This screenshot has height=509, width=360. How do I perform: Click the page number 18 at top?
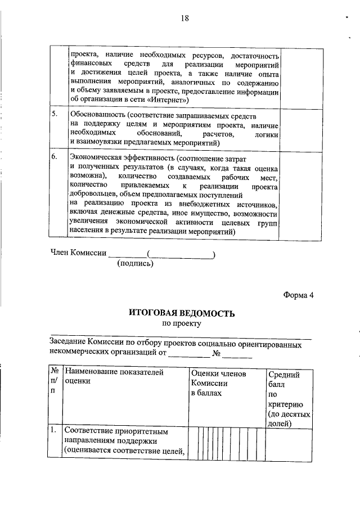coord(184,18)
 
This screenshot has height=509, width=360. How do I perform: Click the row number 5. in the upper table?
coord(54,114)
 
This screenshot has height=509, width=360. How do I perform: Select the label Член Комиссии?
coord(78,253)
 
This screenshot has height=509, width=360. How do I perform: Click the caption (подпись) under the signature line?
coord(134,263)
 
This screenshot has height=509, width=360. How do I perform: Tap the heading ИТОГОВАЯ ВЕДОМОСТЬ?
coord(181,313)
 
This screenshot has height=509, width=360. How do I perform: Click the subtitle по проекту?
coord(181,323)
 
